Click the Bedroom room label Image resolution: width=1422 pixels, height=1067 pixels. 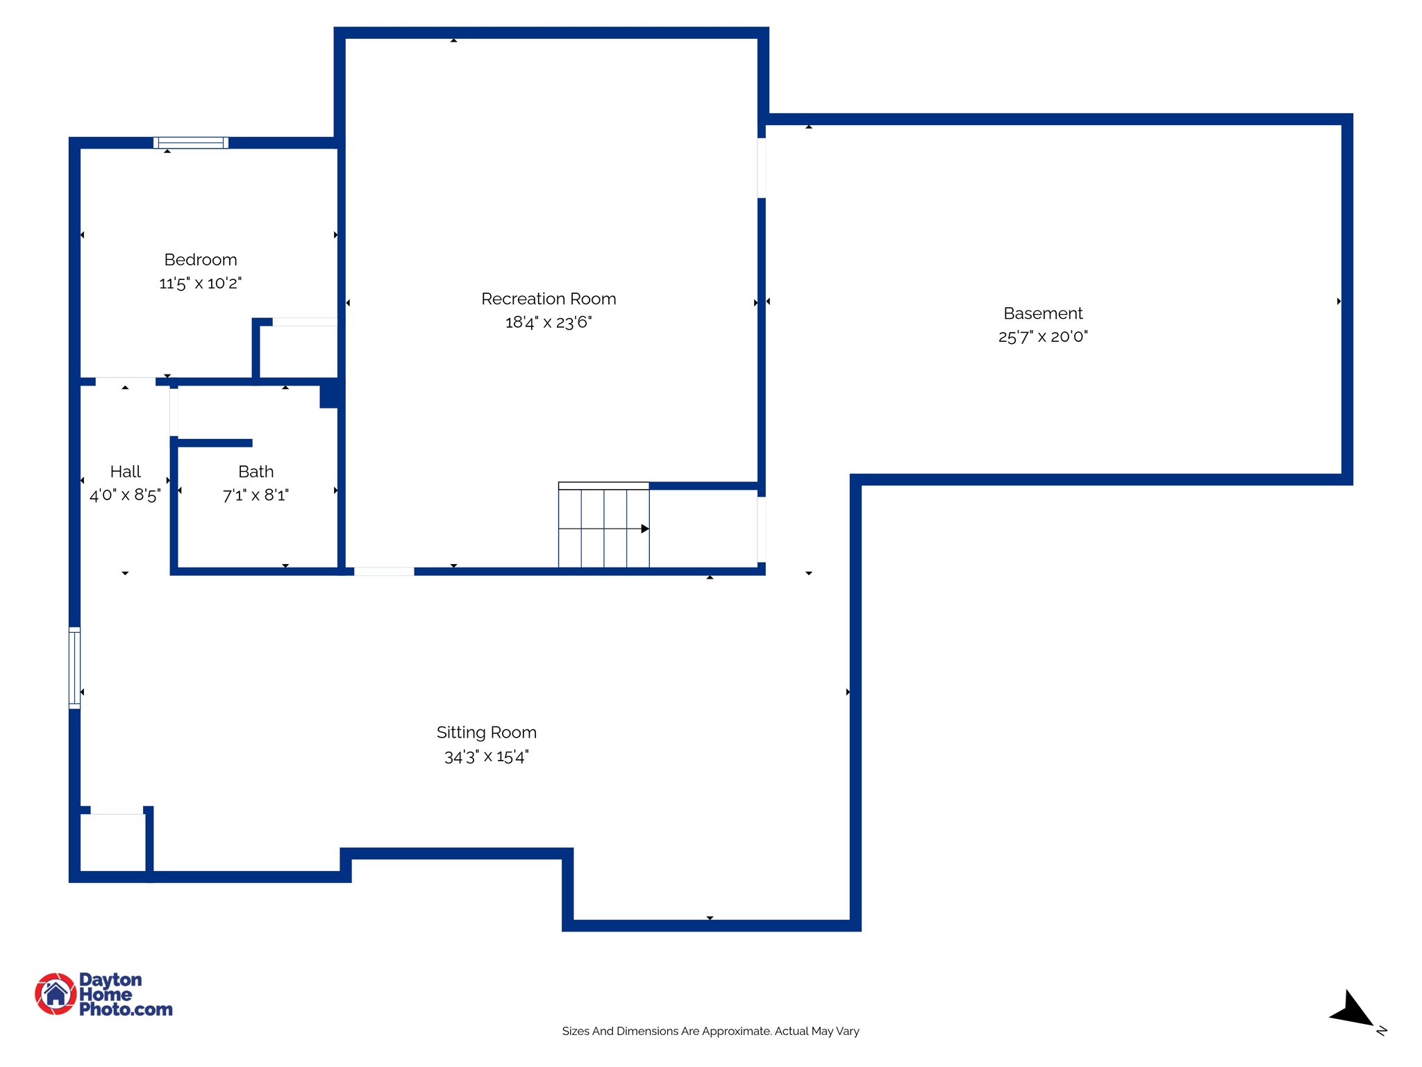(201, 260)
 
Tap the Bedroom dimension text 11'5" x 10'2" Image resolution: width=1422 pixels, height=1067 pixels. (201, 283)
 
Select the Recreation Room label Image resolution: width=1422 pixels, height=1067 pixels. (549, 299)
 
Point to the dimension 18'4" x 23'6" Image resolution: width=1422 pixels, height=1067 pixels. (549, 322)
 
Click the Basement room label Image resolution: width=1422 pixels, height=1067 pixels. (1043, 313)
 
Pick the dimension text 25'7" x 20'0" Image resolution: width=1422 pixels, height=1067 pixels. (1043, 337)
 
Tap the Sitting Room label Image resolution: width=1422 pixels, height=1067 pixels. (486, 732)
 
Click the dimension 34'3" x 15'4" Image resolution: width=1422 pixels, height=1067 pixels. (486, 756)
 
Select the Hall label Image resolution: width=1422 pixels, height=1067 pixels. (125, 472)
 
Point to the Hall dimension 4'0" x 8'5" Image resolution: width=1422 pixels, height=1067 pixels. (125, 495)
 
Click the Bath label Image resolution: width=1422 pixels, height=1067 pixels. (256, 472)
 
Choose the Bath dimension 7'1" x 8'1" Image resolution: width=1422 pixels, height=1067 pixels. (256, 495)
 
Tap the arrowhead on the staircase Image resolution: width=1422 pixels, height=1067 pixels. (645, 529)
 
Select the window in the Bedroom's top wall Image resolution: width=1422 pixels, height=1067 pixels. (191, 143)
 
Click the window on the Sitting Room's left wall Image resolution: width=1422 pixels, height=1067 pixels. (75, 668)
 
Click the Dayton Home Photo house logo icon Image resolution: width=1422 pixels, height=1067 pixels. (56, 993)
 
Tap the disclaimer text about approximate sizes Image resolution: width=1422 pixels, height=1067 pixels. (710, 1031)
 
